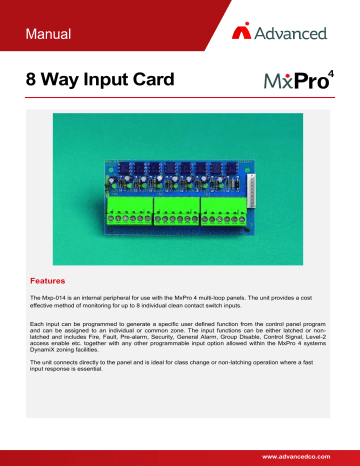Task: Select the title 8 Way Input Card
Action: coord(104,79)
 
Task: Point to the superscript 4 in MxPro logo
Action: coord(336,71)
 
